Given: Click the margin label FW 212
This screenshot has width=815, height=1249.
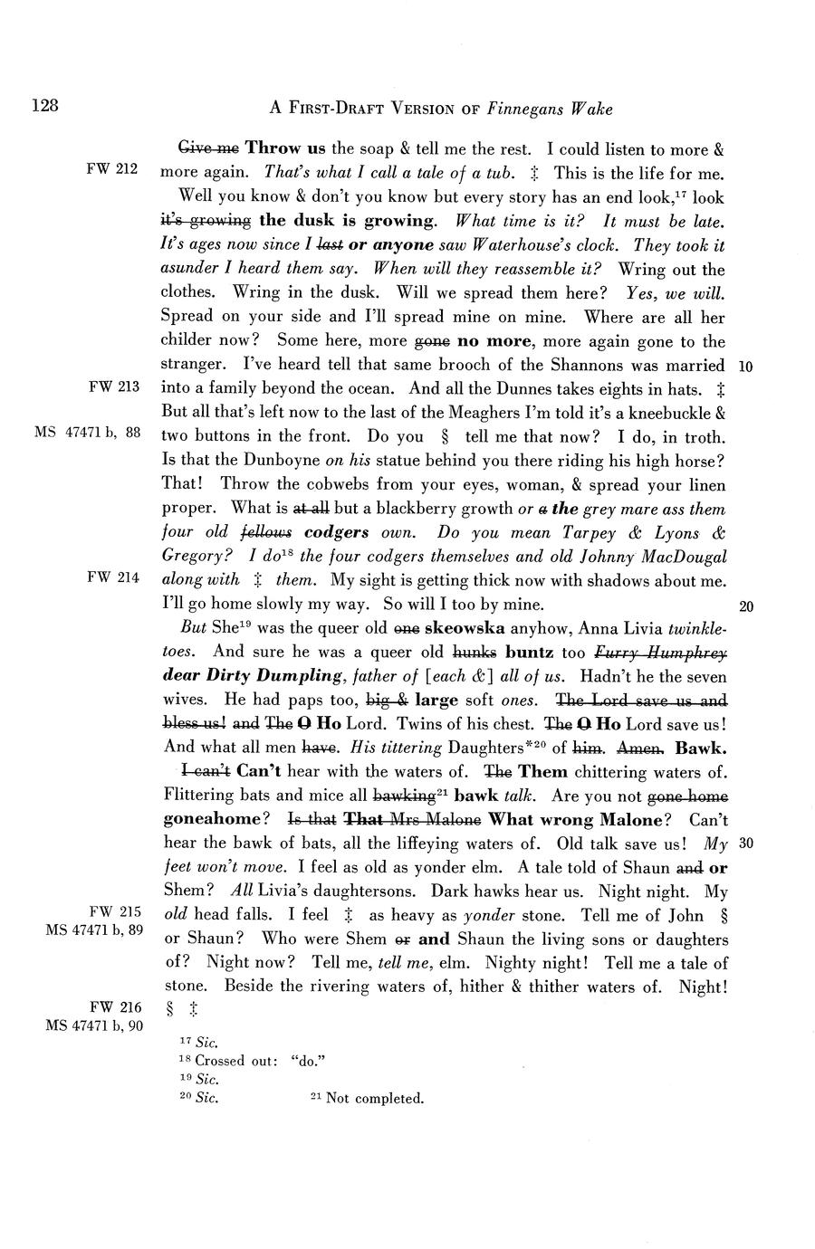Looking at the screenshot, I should (113, 169).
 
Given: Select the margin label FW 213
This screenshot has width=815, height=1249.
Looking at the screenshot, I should (113, 387).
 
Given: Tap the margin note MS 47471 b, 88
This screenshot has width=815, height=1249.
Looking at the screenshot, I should (88, 433).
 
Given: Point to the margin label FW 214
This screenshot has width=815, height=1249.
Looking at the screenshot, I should (113, 579).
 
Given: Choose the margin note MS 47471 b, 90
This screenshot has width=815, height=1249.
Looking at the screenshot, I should (94, 1025).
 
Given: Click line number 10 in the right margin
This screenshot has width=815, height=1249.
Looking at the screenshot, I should (746, 367).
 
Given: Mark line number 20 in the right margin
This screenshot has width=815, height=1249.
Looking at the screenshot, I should (746, 606).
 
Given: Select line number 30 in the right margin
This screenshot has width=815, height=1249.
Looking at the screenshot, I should (746, 844).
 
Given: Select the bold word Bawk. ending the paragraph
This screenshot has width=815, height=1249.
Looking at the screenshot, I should (702, 748).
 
